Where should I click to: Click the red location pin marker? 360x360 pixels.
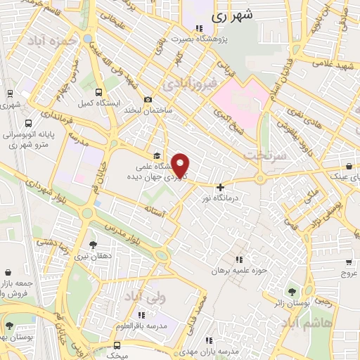tap(181, 165)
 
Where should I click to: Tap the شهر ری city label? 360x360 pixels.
tap(230, 14)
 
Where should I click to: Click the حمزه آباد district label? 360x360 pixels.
tap(51, 41)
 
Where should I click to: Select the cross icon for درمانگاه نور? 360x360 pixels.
tap(221, 187)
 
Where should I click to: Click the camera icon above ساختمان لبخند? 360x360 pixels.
tap(147, 100)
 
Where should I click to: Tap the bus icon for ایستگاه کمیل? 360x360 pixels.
tap(98, 92)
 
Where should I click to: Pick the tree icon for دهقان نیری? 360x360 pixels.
tap(93, 245)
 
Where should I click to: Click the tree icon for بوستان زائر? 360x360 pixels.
tap(291, 291)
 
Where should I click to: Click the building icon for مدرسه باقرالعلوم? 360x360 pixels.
tap(142, 315)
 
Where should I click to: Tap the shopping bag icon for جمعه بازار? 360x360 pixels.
tap(8, 272)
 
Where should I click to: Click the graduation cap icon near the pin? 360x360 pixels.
tap(156, 156)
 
